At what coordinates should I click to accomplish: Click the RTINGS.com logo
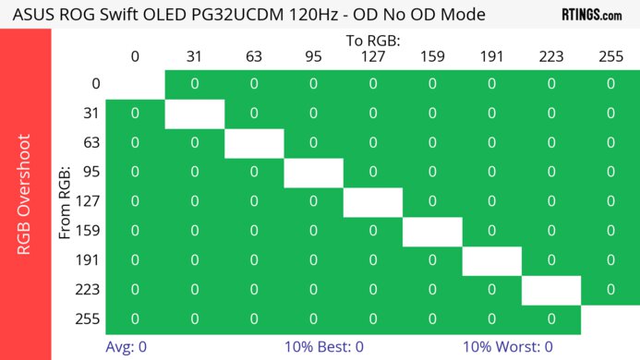[x=591, y=15]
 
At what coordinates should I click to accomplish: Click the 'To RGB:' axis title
[x=372, y=42]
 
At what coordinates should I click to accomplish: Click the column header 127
[x=372, y=57]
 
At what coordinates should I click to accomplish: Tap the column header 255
[x=610, y=57]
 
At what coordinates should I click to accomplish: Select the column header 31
[x=194, y=57]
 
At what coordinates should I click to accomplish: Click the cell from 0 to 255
[x=610, y=84]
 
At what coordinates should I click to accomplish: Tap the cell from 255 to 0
[x=135, y=319]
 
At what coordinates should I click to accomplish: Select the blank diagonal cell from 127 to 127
[x=372, y=202]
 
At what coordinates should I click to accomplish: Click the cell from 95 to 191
[x=491, y=173]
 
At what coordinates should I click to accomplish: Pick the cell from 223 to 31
[x=194, y=290]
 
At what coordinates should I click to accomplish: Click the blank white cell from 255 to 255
[x=610, y=319]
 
